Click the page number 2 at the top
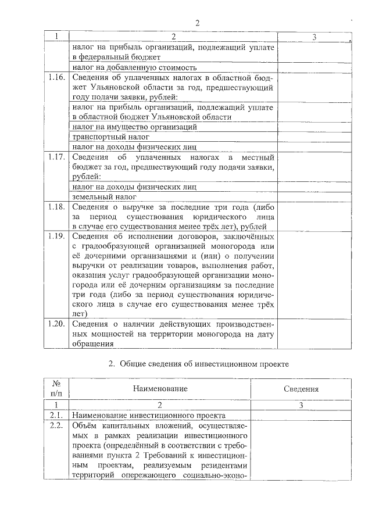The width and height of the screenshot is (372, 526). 197,23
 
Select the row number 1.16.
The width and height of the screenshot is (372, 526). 56,77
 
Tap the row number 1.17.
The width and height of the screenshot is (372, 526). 56,158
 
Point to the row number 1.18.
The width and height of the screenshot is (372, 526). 56,207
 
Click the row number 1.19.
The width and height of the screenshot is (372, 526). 56,237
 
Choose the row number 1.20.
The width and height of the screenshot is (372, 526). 56,324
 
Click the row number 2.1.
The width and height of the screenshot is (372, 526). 56,416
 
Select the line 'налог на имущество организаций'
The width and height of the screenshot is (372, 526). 134,126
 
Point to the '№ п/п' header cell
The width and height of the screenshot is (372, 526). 57,389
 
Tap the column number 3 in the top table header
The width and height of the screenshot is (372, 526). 314,37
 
